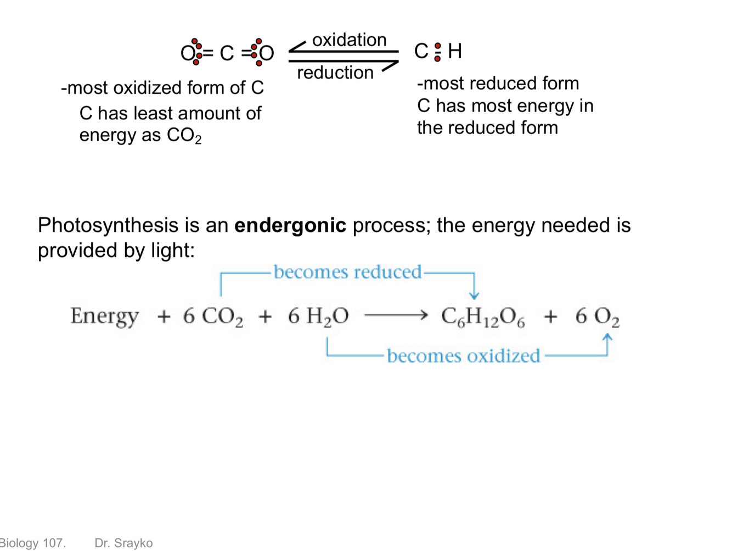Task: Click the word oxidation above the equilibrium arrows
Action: pyautogui.click(x=349, y=40)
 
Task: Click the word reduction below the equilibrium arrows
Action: pyautogui.click(x=335, y=73)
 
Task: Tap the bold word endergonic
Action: pyautogui.click(x=290, y=225)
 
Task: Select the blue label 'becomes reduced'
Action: pyautogui.click(x=347, y=272)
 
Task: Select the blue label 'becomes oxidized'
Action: pyautogui.click(x=464, y=356)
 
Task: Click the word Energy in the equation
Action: pyautogui.click(x=104, y=316)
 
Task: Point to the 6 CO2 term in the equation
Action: pyautogui.click(x=213, y=316)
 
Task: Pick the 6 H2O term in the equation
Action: pyautogui.click(x=318, y=316)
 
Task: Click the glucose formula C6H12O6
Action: pyautogui.click(x=483, y=317)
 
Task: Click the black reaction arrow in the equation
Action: pyautogui.click(x=396, y=315)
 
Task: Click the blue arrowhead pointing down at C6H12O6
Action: pyautogui.click(x=474, y=296)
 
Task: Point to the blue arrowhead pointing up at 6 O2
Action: pyautogui.click(x=607, y=337)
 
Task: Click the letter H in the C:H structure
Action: pyautogui.click(x=455, y=51)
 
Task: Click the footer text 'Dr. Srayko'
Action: pyautogui.click(x=123, y=543)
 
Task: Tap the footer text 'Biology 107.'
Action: pyautogui.click(x=33, y=543)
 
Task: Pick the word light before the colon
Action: pyautogui.click(x=170, y=251)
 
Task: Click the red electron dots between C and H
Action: pyautogui.click(x=437, y=52)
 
